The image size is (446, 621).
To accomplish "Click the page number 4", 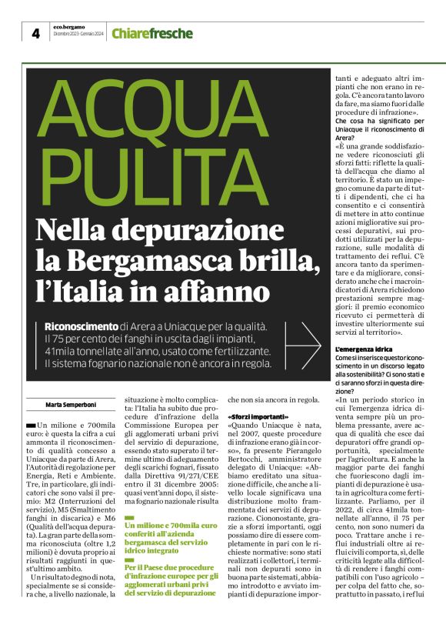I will (x=36, y=33).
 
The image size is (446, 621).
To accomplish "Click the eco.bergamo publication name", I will (x=68, y=26).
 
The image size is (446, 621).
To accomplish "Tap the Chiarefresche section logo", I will (x=145, y=33).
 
